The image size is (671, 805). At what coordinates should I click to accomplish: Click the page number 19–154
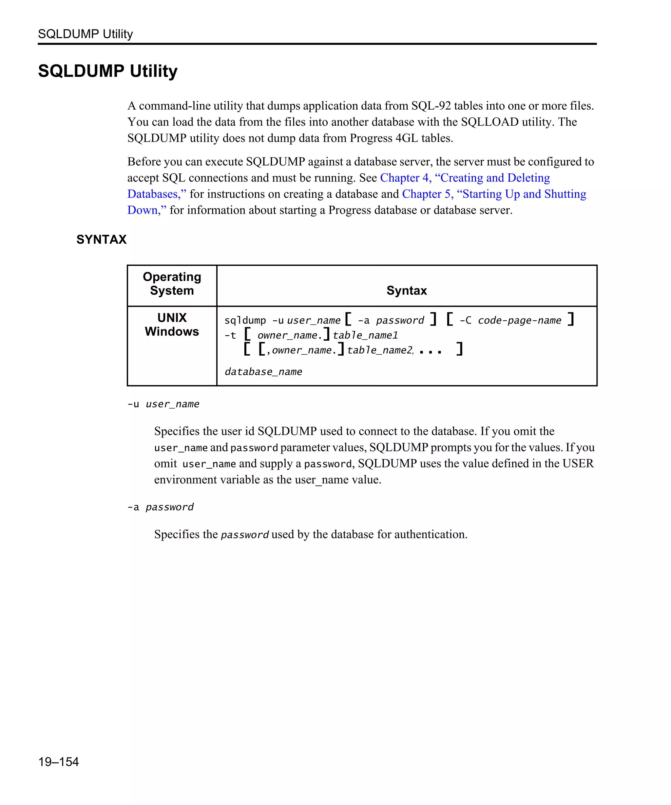58,761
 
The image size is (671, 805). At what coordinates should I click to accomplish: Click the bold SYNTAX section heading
101,240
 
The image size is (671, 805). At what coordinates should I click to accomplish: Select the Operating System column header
172,284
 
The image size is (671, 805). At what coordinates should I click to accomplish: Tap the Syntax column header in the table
407,290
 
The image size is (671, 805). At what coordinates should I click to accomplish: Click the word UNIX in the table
172,318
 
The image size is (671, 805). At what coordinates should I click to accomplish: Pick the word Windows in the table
172,331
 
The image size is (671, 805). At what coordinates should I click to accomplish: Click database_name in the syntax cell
263,372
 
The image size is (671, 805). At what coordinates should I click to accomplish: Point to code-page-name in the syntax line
519,321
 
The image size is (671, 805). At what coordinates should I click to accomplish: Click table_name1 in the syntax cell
365,335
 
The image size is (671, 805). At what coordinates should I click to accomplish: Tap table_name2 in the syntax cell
380,350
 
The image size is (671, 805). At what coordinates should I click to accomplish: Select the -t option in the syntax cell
230,335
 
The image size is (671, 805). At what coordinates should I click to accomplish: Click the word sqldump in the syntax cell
245,321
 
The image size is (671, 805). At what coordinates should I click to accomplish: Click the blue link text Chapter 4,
406,178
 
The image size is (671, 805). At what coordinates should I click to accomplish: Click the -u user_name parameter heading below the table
163,404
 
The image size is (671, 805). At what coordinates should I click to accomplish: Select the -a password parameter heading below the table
161,507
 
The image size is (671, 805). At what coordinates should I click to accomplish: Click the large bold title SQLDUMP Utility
108,71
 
